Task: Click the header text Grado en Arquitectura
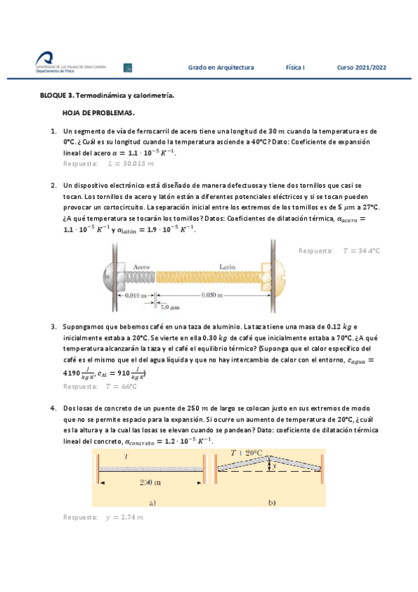221,68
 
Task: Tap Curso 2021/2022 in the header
361,68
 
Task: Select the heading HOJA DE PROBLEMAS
98,112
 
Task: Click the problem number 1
53,131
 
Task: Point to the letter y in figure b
274,464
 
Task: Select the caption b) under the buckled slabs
271,502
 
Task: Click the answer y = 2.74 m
124,517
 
